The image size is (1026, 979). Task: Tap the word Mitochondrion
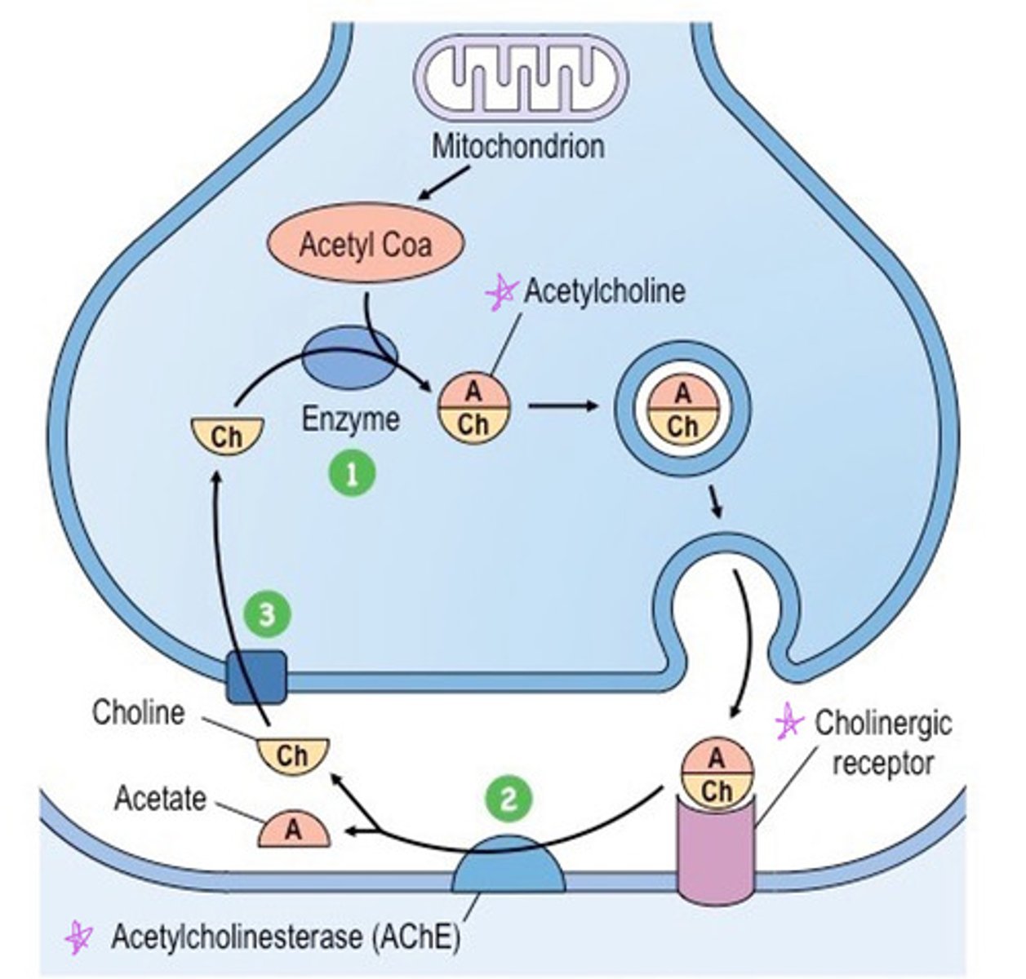(x=517, y=147)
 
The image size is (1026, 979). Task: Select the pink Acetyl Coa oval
(x=365, y=245)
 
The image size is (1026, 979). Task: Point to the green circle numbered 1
(x=353, y=474)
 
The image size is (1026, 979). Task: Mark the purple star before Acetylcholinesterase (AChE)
(x=79, y=938)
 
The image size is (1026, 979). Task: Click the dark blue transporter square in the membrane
(x=257, y=676)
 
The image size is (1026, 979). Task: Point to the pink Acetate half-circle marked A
(x=294, y=831)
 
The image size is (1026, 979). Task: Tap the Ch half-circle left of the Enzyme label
(x=226, y=434)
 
